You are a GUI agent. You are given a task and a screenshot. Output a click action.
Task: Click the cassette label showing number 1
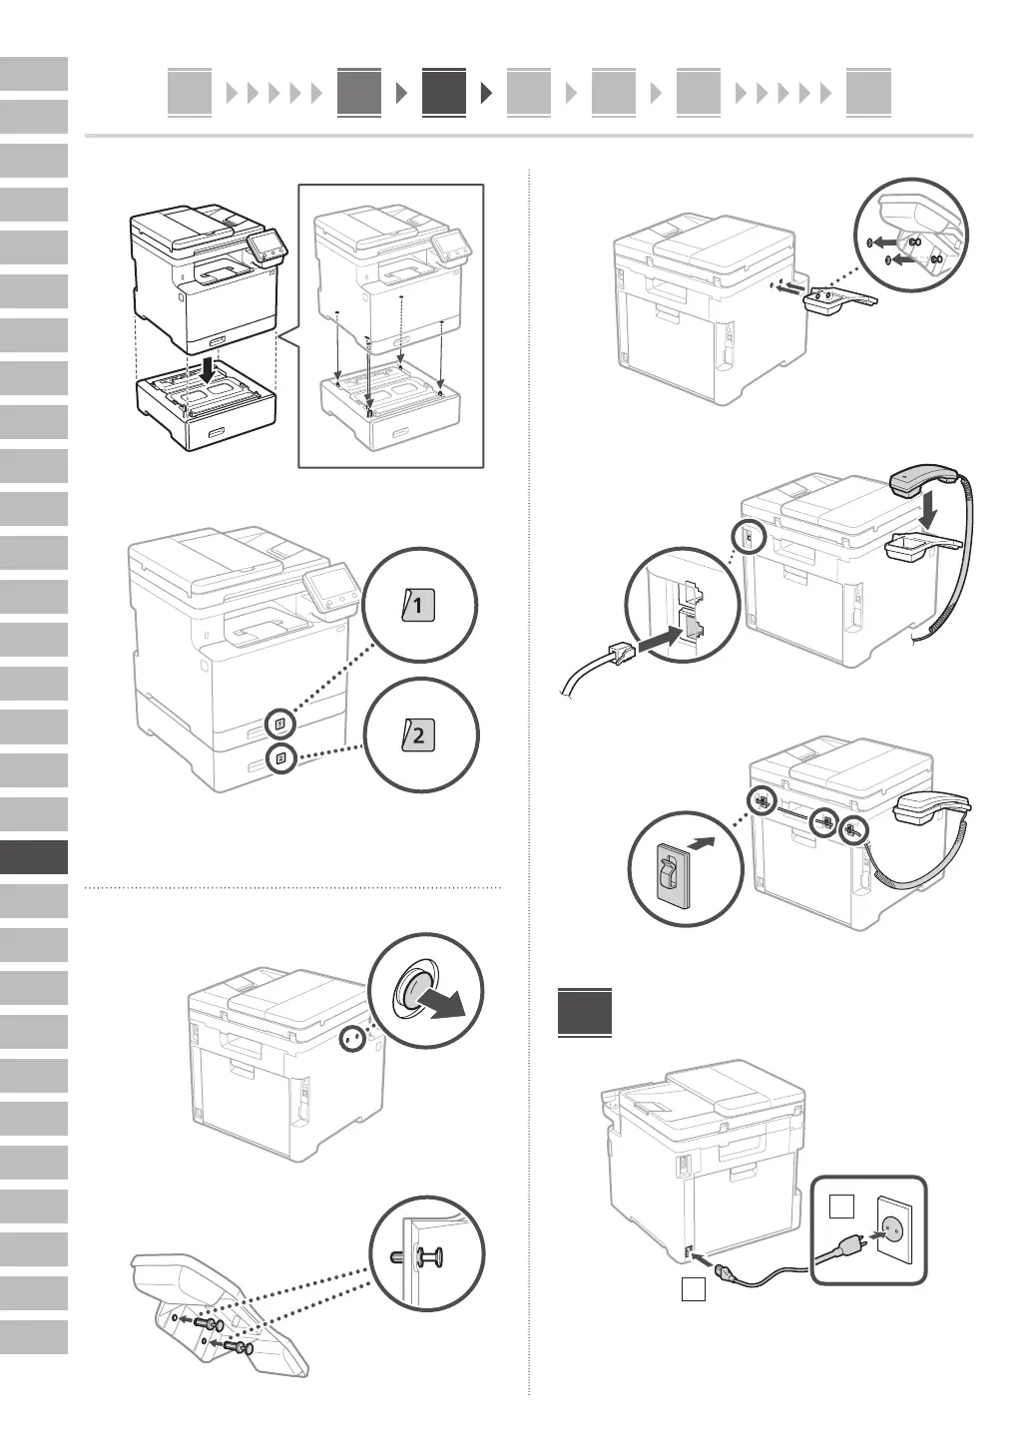click(418, 605)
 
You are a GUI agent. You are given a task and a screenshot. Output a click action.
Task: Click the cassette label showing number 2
click(418, 736)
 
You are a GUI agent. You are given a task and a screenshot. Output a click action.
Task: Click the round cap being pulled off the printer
click(412, 992)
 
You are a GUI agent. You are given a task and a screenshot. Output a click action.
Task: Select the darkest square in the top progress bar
click(443, 92)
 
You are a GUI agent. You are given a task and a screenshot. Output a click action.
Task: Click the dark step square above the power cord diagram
click(584, 1012)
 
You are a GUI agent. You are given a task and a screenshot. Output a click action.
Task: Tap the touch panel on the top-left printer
click(265, 245)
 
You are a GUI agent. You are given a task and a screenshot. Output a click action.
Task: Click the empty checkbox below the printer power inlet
click(694, 1289)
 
